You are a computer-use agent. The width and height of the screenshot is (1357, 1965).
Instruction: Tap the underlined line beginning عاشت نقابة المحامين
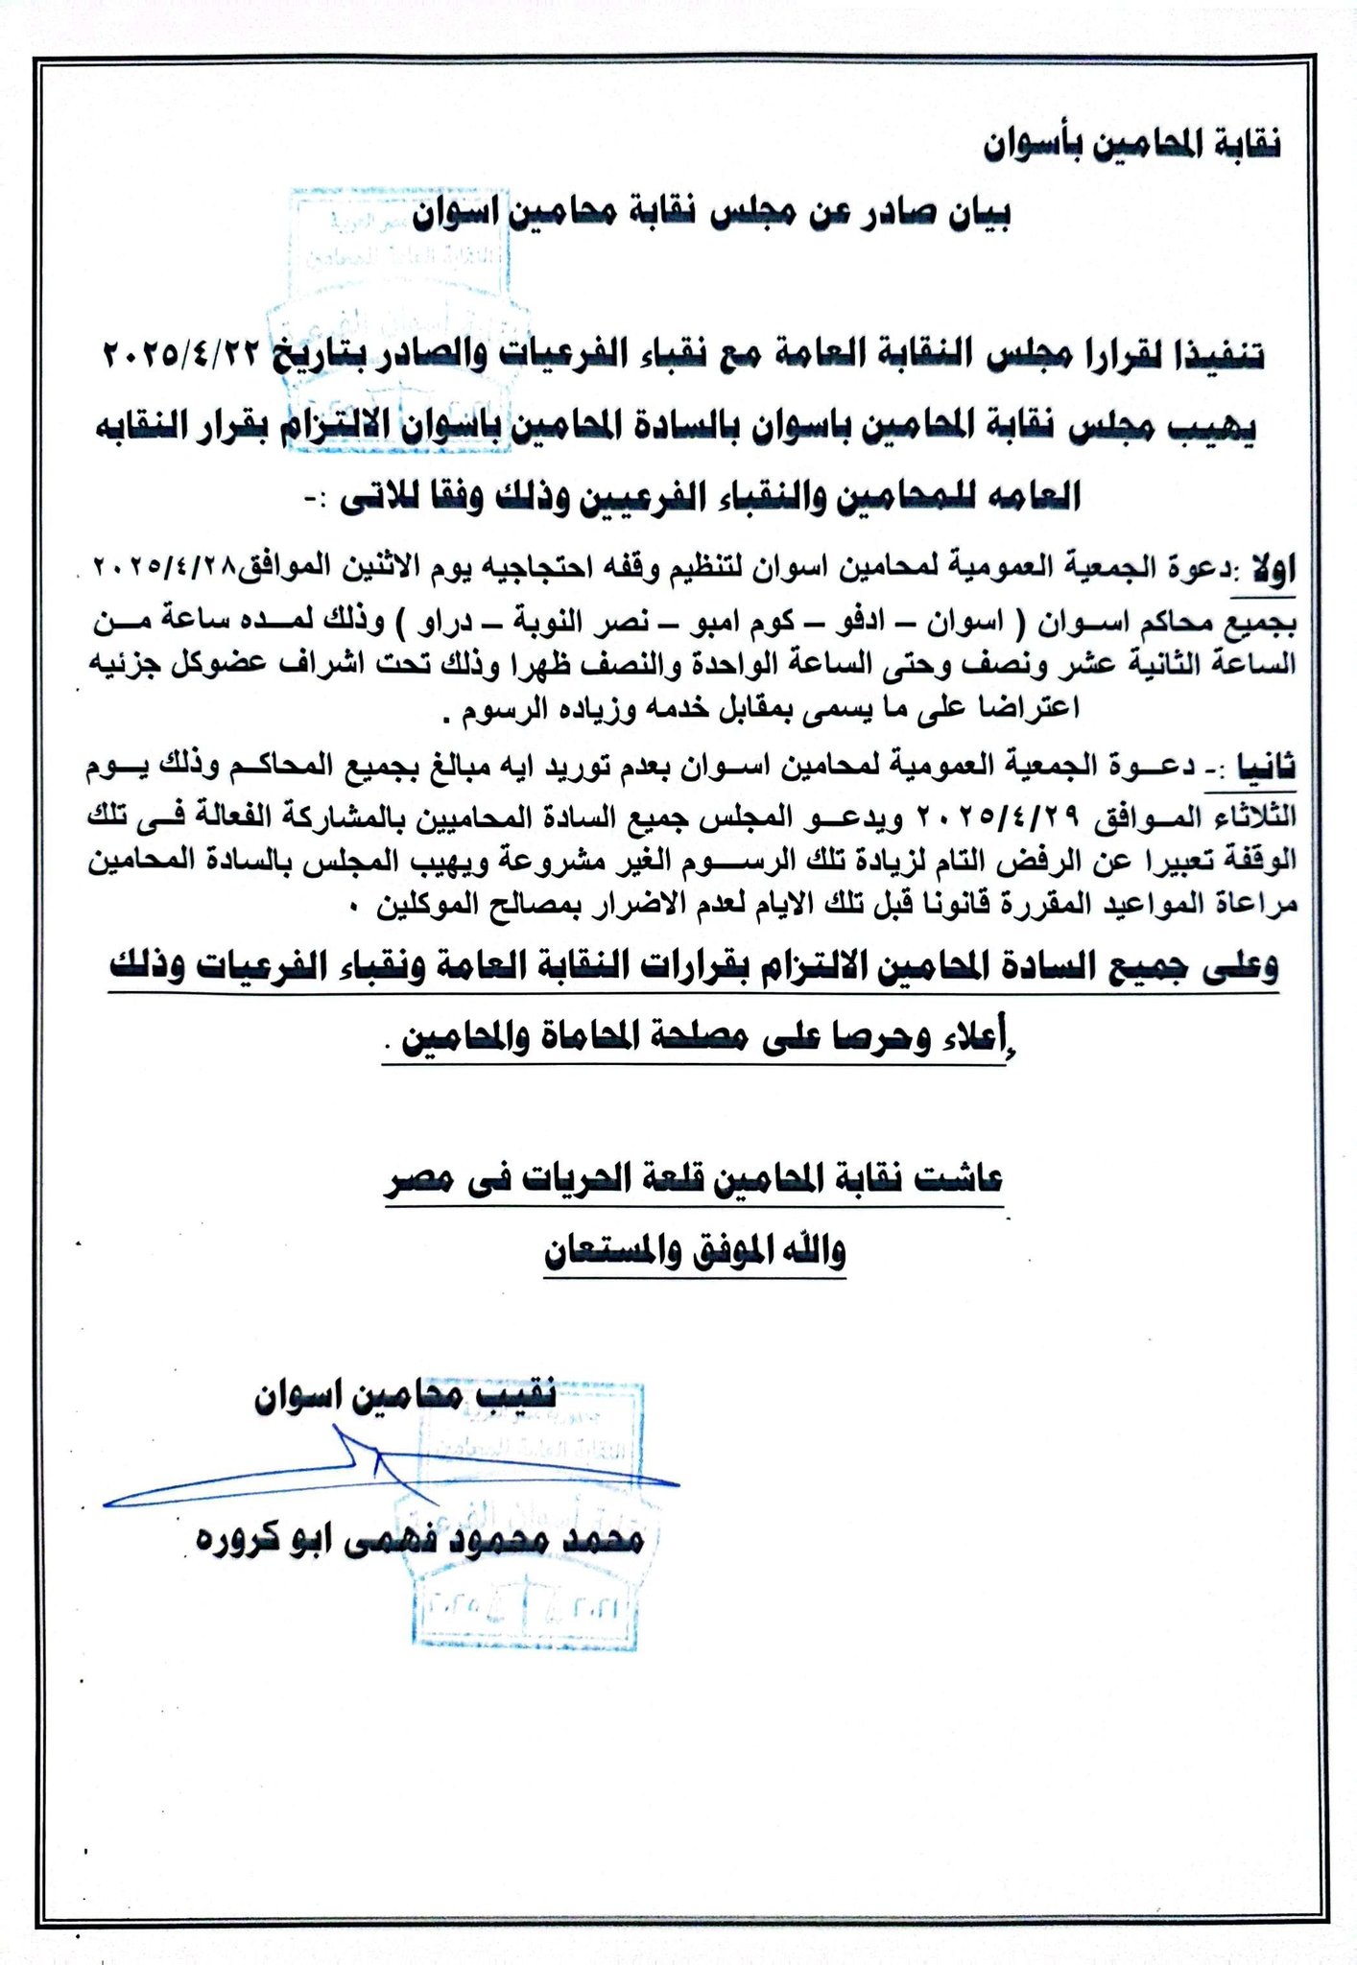click(695, 1182)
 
